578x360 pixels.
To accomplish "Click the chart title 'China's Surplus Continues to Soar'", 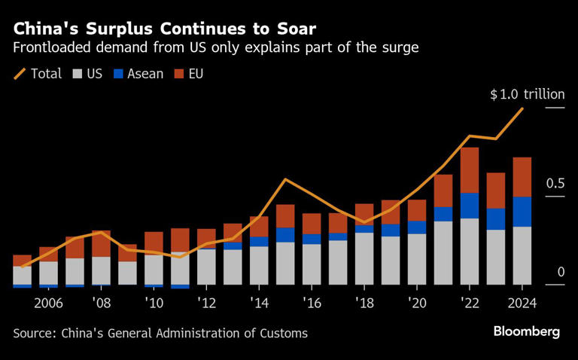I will (165, 29).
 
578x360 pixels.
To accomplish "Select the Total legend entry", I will (38, 74).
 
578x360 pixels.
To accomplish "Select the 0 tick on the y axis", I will (560, 272).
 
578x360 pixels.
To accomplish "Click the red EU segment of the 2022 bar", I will (470, 170).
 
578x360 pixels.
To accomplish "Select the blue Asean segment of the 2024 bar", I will (522, 212).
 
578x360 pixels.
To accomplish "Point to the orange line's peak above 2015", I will (285, 179).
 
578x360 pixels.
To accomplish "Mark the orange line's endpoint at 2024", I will (523, 108).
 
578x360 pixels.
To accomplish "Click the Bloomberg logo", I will (526, 332).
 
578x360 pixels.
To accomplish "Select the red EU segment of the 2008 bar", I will (101, 244).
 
